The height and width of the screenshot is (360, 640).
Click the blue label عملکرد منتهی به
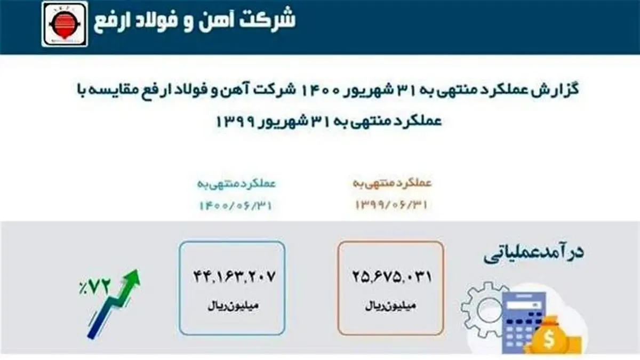(x=237, y=184)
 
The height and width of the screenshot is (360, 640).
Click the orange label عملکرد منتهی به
(x=392, y=184)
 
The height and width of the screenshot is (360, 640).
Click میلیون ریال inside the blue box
(x=231, y=307)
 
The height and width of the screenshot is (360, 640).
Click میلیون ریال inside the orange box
(x=391, y=307)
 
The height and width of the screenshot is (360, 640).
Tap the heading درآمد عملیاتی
(x=534, y=253)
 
